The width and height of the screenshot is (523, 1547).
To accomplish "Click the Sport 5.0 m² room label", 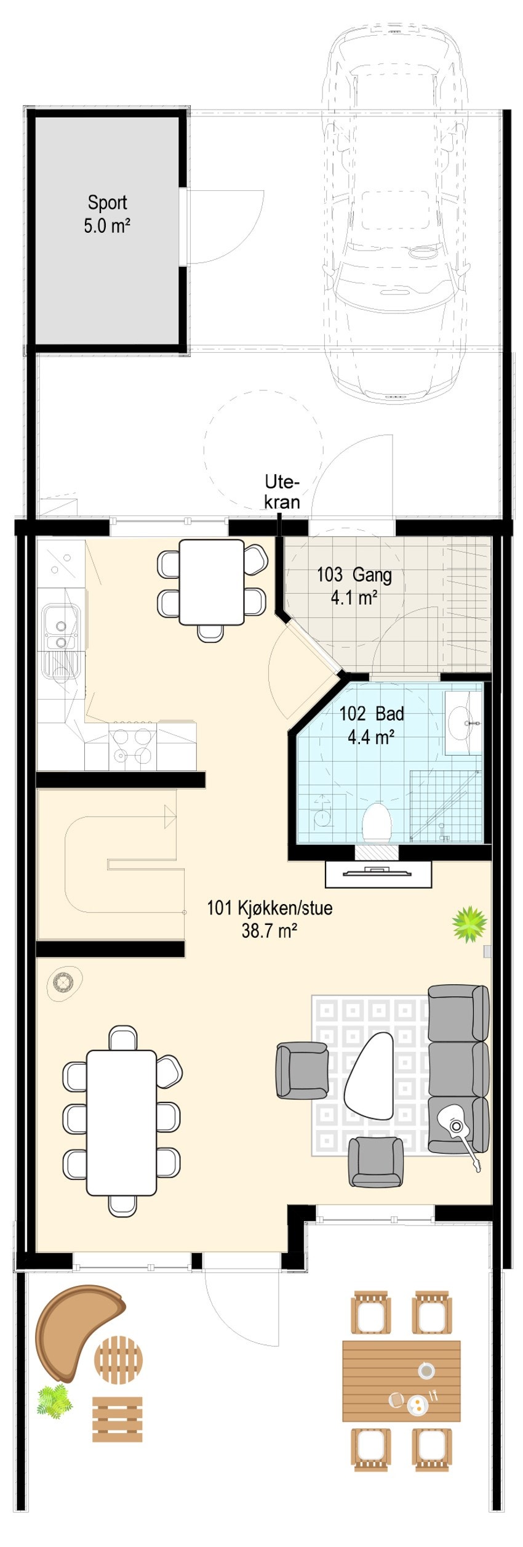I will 107,214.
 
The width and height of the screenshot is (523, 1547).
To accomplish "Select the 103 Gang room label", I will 354,585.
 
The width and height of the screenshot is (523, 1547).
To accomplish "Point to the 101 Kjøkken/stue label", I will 269,918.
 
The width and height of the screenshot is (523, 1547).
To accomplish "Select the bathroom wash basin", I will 463,721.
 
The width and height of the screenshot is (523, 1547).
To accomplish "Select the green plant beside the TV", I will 469,924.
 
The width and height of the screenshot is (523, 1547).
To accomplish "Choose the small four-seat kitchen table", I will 211,581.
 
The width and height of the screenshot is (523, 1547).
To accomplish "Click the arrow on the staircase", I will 170,816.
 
